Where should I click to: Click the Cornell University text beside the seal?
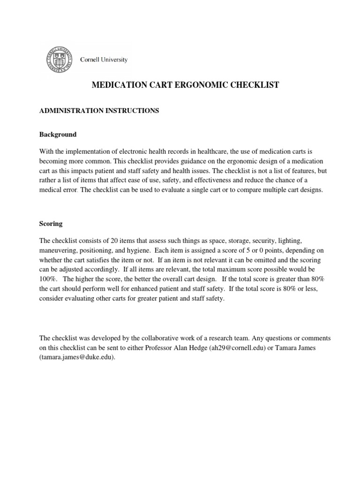tap(104, 60)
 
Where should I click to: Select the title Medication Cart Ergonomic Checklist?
tap(185, 85)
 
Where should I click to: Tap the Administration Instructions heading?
tap(99, 111)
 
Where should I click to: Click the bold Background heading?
tap(58, 135)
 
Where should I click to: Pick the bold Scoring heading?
tap(51, 224)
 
